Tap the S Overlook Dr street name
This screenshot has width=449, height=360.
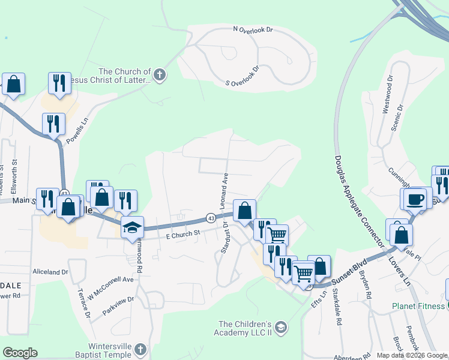pyautogui.click(x=243, y=76)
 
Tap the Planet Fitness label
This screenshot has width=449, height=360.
pyautogui.click(x=418, y=305)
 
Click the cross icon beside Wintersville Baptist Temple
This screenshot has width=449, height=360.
pyautogui.click(x=139, y=349)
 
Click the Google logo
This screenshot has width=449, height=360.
pyautogui.click(x=20, y=353)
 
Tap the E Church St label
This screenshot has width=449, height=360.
pyautogui.click(x=182, y=236)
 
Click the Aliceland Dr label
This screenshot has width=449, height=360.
pyautogui.click(x=51, y=272)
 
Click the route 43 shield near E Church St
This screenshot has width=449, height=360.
pyautogui.click(x=211, y=217)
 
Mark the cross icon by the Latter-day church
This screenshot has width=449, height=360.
pyautogui.click(x=160, y=75)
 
